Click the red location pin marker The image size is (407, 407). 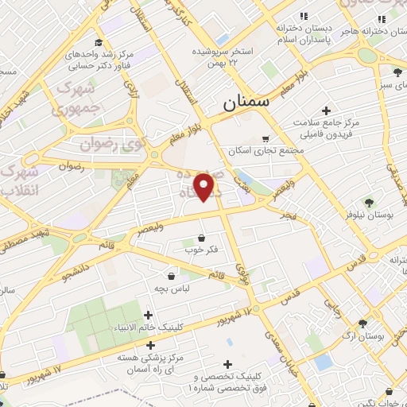pyautogui.click(x=205, y=187)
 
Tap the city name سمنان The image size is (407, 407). pyautogui.click(x=246, y=102)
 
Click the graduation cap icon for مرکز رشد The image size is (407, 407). pyautogui.click(x=99, y=43)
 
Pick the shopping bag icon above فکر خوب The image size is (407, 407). pyautogui.click(x=200, y=238)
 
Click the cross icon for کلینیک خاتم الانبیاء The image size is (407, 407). pyautogui.click(x=149, y=315)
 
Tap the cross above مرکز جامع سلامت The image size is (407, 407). pyautogui.click(x=326, y=110)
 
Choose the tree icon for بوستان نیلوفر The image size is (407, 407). pyautogui.click(x=369, y=201)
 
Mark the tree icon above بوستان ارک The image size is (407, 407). pyautogui.click(x=363, y=324)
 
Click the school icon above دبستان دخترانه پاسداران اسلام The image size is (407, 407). pyautogui.click(x=302, y=16)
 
